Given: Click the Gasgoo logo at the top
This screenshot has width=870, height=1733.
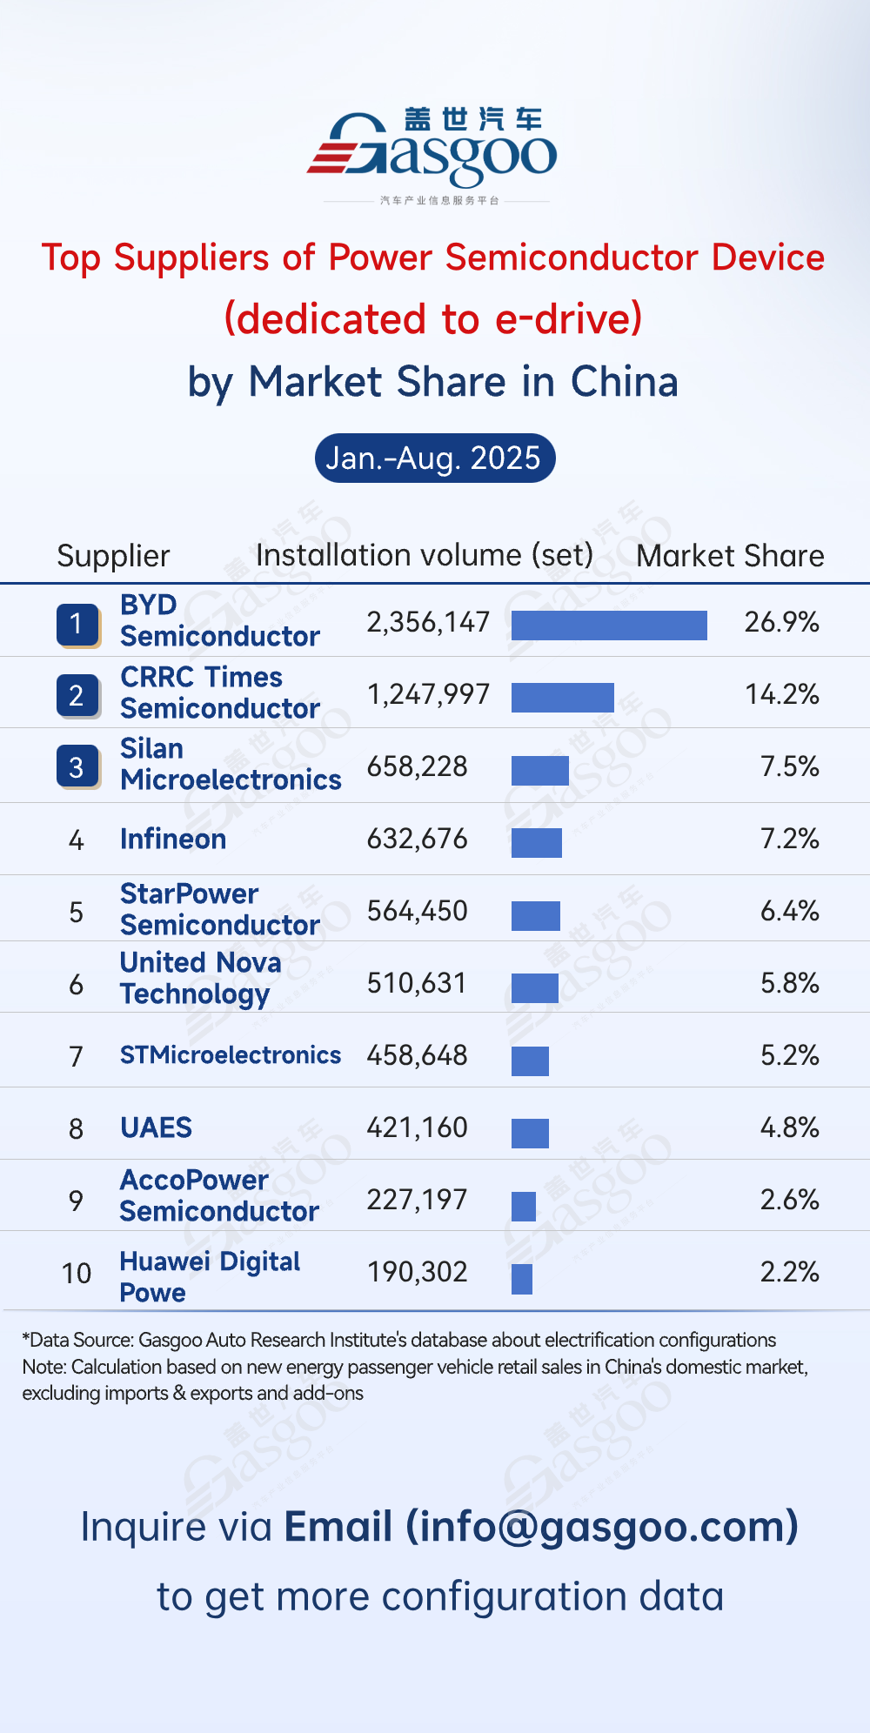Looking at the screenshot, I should [x=432, y=151].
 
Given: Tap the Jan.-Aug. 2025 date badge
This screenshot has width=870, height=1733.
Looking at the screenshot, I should [x=434, y=458].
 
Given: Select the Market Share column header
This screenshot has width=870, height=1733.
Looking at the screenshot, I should [x=730, y=556].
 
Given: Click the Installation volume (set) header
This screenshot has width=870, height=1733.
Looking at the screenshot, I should [x=425, y=555].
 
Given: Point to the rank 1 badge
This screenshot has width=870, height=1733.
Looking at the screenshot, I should [x=77, y=624].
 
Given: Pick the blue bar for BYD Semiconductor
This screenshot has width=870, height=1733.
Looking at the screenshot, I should [x=609, y=625].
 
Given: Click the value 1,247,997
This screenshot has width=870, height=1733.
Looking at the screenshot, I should [x=428, y=694].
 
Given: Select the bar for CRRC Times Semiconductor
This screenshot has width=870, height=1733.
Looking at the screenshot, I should [x=562, y=697].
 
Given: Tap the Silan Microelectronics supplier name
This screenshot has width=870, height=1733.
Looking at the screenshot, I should [x=230, y=765].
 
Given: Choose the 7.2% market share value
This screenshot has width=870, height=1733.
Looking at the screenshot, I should [x=789, y=839].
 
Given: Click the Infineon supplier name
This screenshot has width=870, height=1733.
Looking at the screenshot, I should [x=173, y=839].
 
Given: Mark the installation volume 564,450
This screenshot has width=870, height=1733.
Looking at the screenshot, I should [x=417, y=911].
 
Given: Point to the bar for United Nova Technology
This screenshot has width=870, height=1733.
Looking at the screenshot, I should [x=534, y=988].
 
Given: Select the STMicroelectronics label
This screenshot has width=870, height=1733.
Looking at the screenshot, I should [x=230, y=1055].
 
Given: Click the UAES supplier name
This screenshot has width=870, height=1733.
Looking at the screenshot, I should [x=156, y=1127].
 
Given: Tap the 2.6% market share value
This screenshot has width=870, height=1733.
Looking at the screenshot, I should [x=789, y=1200].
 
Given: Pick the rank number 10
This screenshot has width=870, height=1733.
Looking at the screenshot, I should [x=77, y=1274].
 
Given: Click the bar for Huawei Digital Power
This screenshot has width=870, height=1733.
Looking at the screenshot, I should [x=522, y=1279].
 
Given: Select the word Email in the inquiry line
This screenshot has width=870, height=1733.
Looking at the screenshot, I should [x=338, y=1527].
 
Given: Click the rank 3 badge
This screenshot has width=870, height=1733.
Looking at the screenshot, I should [x=77, y=767].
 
